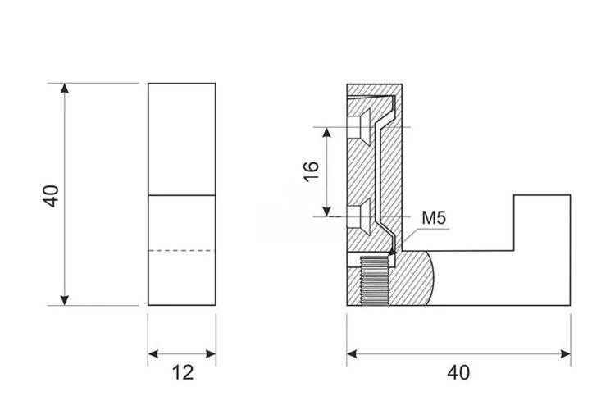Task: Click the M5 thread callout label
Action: [x=434, y=218]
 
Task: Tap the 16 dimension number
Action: [x=312, y=171]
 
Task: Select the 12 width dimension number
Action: [x=183, y=372]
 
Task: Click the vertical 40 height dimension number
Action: [x=51, y=196]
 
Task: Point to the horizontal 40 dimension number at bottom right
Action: [x=458, y=372]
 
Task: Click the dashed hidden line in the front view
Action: [x=181, y=250]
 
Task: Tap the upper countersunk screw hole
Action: [x=358, y=127]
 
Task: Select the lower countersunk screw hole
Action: [x=358, y=216]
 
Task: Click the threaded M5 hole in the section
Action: [x=374, y=280]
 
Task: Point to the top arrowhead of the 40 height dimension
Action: [x=65, y=89]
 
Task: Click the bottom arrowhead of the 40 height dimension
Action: [x=65, y=300]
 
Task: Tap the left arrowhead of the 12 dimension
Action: [x=153, y=354]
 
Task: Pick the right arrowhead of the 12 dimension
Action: [x=211, y=354]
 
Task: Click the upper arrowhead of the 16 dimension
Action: [x=326, y=132]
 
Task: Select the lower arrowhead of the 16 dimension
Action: [x=326, y=212]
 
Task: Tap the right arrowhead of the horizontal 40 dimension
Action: [x=566, y=354]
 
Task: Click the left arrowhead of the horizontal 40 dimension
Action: [x=353, y=354]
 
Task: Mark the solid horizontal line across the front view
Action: [x=181, y=195]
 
